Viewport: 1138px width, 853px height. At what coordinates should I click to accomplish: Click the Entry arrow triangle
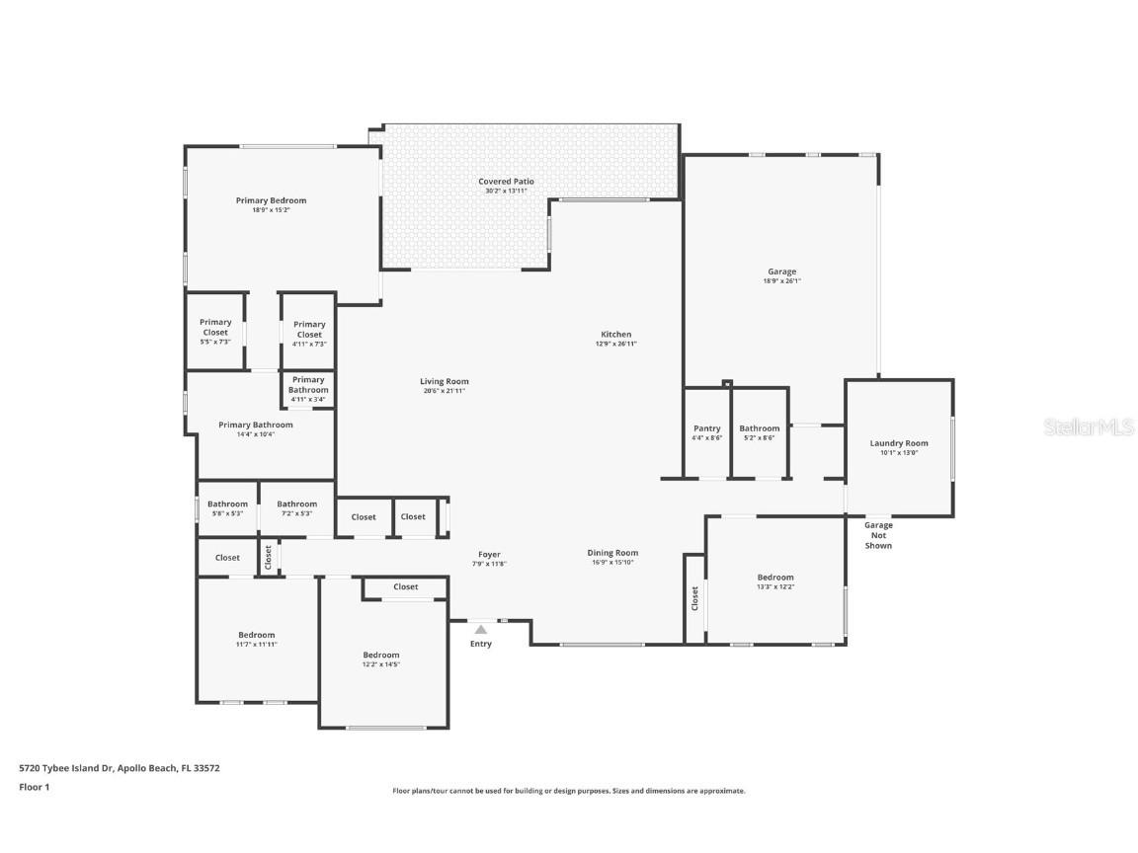click(480, 629)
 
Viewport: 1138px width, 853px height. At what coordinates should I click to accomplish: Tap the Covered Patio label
click(506, 182)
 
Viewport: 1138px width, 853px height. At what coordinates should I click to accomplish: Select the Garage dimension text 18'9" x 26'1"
click(781, 281)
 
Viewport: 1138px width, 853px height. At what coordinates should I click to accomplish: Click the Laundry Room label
click(898, 444)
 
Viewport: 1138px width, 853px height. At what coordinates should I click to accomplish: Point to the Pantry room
click(706, 432)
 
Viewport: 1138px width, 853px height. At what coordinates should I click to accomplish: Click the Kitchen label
click(615, 334)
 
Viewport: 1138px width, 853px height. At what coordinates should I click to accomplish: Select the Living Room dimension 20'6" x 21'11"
click(444, 391)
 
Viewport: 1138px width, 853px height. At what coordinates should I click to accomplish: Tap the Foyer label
click(488, 555)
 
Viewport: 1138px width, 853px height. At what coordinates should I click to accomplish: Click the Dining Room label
click(612, 553)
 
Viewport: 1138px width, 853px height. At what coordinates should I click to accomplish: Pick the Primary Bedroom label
click(271, 200)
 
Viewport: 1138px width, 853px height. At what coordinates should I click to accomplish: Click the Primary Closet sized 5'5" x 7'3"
click(215, 330)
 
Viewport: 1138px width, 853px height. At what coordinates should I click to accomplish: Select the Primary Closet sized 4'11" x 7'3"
click(309, 332)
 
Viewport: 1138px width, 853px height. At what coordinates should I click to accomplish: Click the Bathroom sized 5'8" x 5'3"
click(227, 507)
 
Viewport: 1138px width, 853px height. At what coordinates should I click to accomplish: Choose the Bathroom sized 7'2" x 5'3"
click(296, 507)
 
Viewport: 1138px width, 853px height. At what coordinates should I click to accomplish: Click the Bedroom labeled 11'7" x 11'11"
click(256, 638)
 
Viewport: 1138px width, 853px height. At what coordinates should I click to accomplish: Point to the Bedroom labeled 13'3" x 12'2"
click(774, 581)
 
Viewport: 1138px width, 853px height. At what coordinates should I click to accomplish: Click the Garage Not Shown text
click(877, 535)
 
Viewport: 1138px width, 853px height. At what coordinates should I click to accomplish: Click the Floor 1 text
click(34, 787)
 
